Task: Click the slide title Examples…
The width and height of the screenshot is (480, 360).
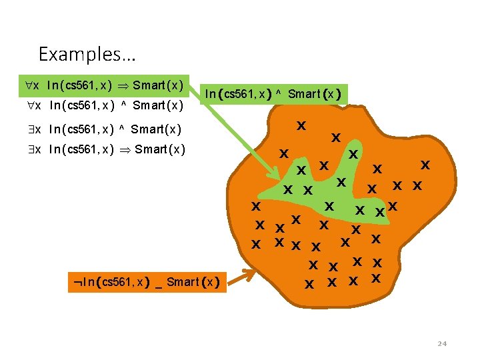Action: [x=79, y=53]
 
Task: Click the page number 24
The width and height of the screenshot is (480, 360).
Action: [x=441, y=344]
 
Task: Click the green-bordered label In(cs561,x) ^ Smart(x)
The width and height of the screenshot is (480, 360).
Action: [x=273, y=94]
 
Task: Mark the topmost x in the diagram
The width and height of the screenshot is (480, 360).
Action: [x=301, y=125]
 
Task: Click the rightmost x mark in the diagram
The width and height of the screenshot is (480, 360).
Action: [x=425, y=164]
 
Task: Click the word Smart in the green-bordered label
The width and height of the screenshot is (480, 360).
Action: [x=303, y=94]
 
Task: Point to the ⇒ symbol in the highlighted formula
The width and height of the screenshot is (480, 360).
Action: [x=123, y=85]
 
